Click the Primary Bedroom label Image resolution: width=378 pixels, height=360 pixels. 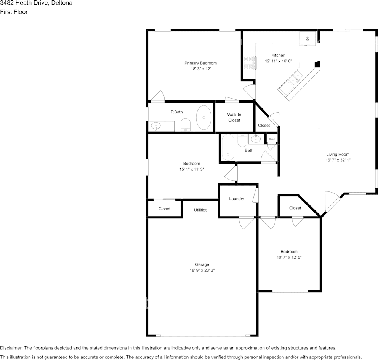pos(200,63)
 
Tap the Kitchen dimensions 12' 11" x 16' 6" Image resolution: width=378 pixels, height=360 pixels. pos(279,61)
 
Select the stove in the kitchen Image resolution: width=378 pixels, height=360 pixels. pos(249,63)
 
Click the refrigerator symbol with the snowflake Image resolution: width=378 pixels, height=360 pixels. pos(308,38)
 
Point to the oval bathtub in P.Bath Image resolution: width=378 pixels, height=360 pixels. pos(204,118)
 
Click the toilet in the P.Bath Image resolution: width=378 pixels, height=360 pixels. pos(186,125)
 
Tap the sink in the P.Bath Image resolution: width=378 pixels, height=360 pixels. pos(156,126)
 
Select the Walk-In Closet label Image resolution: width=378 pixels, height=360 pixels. pos(234,118)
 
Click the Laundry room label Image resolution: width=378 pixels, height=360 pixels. pos(237,199)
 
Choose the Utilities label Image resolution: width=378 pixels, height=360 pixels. pos(200,210)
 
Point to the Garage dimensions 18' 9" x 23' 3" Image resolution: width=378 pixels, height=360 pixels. pos(202,271)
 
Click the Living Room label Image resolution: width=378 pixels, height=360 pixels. pos(338,155)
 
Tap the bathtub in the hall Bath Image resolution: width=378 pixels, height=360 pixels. pos(228,147)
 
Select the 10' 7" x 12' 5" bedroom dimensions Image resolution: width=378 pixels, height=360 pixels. pos(289,257)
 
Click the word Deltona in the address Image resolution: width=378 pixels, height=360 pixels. pos(62,3)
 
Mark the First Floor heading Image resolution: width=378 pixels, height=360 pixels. pos(14,12)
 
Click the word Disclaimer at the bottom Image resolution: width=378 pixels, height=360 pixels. pos(11,348)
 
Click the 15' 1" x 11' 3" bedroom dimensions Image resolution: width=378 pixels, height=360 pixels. pos(192,169)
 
